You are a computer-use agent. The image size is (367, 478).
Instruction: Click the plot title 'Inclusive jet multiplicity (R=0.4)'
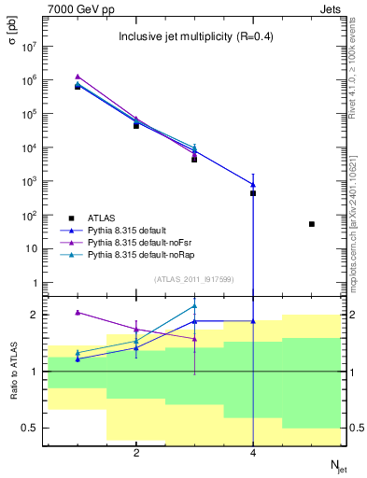tap(194, 37)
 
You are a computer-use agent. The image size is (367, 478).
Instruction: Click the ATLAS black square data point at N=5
tap(312, 224)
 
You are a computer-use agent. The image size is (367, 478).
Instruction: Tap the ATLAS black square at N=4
tap(253, 193)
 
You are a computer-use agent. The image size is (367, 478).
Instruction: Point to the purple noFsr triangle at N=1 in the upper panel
tap(78, 77)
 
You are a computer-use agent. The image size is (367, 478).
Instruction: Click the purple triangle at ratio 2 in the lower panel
tap(78, 313)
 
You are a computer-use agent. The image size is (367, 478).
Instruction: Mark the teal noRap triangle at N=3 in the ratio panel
tap(194, 305)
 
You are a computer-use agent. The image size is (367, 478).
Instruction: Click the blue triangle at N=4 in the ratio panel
tap(253, 321)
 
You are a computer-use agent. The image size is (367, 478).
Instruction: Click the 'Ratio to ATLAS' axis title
tap(12, 371)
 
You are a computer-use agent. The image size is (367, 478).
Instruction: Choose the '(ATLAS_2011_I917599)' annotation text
tap(194, 280)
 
